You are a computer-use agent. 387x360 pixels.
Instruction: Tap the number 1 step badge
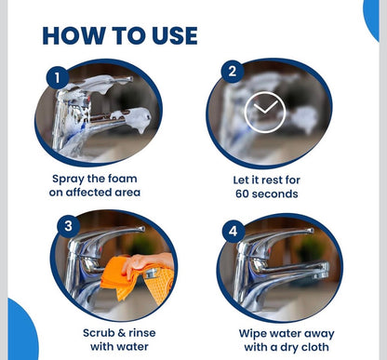tap(58, 77)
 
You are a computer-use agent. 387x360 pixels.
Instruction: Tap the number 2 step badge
tap(233, 72)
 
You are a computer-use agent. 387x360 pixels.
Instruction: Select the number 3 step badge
tap(68, 226)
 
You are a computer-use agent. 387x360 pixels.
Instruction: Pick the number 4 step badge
tap(234, 232)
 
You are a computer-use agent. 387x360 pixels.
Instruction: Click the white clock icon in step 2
tap(265, 112)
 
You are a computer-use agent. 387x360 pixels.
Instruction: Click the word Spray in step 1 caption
tap(68, 180)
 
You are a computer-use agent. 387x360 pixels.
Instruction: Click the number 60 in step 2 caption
tap(242, 193)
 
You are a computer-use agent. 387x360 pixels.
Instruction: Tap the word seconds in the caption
tap(274, 193)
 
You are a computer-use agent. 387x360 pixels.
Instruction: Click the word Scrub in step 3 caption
tap(99, 333)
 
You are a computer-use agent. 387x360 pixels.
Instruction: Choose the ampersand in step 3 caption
tap(121, 333)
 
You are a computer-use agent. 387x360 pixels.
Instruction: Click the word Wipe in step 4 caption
tap(253, 334)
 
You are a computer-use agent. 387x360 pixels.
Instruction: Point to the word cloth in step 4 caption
tap(314, 347)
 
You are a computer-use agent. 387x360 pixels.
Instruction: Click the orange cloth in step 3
tap(138, 279)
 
